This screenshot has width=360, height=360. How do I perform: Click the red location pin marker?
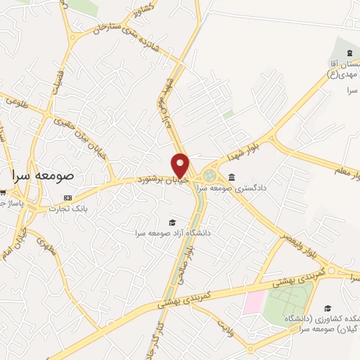(x=181, y=165)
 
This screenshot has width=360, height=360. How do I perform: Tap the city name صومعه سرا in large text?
(x=46, y=176)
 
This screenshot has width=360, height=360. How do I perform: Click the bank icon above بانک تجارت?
(x=67, y=198)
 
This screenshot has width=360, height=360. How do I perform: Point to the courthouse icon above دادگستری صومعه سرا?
(x=232, y=177)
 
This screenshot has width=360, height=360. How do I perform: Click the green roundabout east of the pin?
(x=210, y=175)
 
